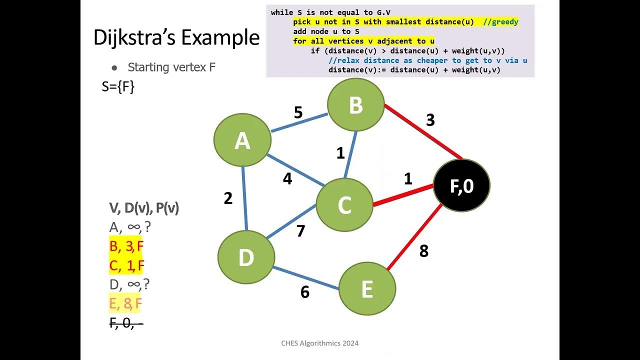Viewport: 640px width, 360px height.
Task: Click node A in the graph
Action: (242, 140)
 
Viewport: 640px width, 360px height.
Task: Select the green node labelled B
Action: (355, 105)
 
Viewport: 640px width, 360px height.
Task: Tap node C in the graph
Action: (344, 205)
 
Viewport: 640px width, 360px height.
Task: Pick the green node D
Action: (246, 257)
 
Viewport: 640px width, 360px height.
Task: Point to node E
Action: (367, 289)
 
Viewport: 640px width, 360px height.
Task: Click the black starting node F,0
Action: (461, 185)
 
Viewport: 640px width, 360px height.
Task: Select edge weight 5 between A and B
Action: (298, 112)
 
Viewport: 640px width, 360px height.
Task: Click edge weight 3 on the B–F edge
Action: (430, 120)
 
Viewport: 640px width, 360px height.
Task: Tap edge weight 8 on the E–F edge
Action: (424, 251)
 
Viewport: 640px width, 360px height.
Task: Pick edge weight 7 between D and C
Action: (300, 231)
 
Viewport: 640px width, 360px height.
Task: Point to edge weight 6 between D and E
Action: (305, 292)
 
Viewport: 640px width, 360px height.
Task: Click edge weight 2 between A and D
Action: (228, 198)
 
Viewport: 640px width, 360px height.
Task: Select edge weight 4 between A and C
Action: (287, 178)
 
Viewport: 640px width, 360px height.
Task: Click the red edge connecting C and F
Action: (402, 195)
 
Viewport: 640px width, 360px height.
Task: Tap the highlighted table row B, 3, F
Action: (126, 246)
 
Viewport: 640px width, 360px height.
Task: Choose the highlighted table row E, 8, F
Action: (126, 303)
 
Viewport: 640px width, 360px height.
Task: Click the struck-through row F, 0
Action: (126, 323)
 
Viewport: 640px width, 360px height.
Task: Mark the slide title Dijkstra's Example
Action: (176, 38)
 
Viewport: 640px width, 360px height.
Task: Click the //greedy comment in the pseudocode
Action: (501, 22)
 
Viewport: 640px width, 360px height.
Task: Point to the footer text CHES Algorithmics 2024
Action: (320, 343)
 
